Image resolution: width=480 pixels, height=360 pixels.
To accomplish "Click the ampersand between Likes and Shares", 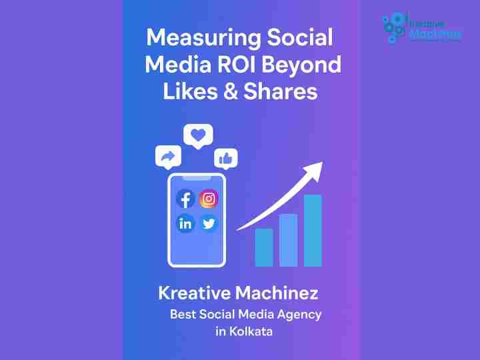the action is click(x=231, y=91).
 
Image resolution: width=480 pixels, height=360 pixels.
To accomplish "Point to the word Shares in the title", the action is click(x=281, y=91).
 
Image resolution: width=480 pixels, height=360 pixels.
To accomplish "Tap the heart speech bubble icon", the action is click(x=198, y=136).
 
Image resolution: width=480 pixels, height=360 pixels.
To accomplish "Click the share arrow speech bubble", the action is click(x=168, y=157).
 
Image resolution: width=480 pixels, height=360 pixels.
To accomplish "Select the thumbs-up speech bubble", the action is click(x=226, y=159).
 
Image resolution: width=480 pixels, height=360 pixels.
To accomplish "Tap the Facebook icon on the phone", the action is click(x=185, y=199).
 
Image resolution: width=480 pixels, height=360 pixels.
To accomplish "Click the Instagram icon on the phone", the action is click(x=209, y=199).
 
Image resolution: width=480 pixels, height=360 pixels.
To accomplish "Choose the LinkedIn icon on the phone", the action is click(x=185, y=223).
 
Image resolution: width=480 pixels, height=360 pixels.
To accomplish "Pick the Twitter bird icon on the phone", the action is click(x=209, y=223).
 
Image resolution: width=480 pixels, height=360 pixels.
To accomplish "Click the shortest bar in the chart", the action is click(x=264, y=247).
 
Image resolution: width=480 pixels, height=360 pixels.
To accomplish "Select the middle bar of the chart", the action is click(x=289, y=240).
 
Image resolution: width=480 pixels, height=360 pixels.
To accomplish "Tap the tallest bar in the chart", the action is click(x=313, y=231).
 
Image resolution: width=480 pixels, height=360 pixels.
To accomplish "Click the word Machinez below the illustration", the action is click(x=277, y=293).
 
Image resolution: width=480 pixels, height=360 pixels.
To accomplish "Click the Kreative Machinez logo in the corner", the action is click(x=422, y=27).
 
